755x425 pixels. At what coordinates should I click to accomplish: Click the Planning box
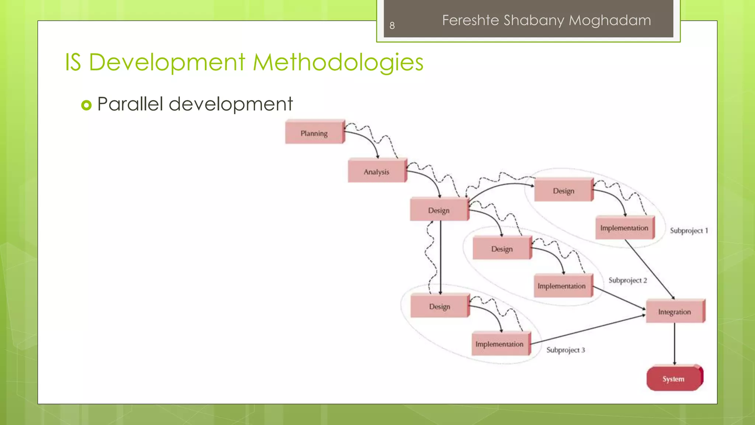point(314,133)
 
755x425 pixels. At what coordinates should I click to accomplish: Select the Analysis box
point(377,172)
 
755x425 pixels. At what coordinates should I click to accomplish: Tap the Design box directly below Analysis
point(439,210)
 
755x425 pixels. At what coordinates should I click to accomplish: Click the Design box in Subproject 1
point(563,191)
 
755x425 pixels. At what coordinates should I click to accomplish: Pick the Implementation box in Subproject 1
point(624,228)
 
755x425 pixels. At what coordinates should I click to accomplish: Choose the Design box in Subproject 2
point(502,249)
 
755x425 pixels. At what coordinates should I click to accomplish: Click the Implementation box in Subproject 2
point(562,286)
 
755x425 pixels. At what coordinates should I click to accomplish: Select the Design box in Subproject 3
point(439,307)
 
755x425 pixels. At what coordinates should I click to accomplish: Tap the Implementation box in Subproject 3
point(500,344)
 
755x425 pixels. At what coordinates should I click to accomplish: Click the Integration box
point(675,312)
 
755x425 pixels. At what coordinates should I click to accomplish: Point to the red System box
point(674,379)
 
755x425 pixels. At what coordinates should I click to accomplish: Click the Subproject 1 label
point(689,231)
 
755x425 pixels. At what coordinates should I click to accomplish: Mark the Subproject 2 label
point(627,280)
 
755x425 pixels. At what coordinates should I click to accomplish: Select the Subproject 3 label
point(566,350)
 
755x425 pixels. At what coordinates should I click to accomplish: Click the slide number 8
point(392,25)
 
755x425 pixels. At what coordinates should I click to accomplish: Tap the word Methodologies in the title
point(338,62)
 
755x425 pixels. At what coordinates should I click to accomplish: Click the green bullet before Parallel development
point(86,105)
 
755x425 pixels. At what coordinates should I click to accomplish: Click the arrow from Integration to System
point(675,343)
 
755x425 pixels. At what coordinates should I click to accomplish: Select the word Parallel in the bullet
point(130,104)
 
